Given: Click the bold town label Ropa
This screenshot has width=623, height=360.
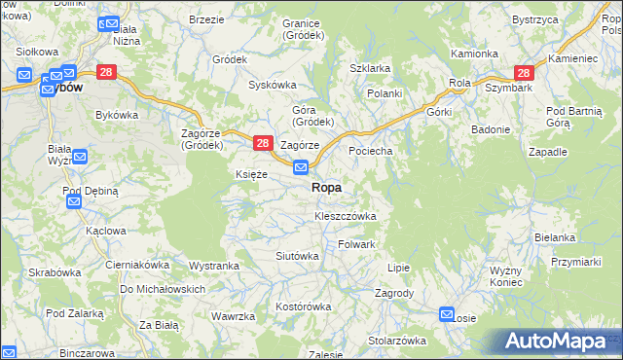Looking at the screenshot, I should (x=326, y=187).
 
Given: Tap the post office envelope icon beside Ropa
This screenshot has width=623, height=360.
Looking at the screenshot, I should (x=302, y=168).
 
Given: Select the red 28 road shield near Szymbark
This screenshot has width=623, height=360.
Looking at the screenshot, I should (x=524, y=73).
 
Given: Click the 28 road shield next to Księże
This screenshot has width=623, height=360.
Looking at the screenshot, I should (x=262, y=143).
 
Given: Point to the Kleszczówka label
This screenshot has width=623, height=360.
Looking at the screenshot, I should (x=345, y=215).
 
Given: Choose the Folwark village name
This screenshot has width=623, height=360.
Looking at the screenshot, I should (x=356, y=244).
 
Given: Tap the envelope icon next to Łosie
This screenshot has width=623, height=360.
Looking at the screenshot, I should (x=447, y=314).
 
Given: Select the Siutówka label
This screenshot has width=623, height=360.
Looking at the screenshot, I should (x=298, y=256).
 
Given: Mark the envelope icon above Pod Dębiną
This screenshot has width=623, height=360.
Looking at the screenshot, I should (x=73, y=201).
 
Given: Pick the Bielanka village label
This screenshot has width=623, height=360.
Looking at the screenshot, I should (x=555, y=237).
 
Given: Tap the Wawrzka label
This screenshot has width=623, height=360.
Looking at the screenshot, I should (x=234, y=316).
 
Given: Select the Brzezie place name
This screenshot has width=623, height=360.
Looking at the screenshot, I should (x=206, y=19).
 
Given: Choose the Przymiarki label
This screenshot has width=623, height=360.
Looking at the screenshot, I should (x=574, y=262).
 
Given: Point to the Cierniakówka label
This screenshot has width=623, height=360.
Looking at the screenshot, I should (x=137, y=264).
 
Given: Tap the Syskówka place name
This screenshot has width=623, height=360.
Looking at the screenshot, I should (x=272, y=85).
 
